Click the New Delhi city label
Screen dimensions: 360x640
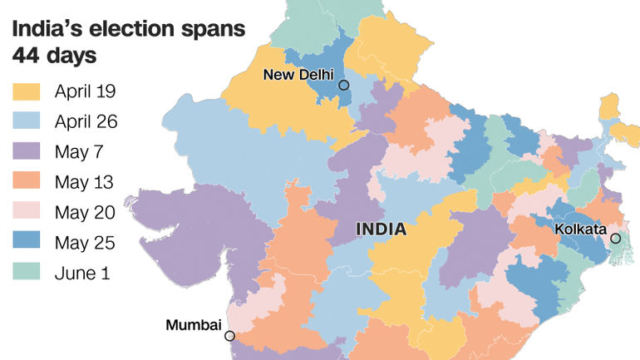(x=298, y=75)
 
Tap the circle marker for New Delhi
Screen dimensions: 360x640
(x=343, y=85)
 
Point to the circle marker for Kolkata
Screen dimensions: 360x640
(x=617, y=239)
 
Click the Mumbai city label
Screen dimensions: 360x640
(x=193, y=324)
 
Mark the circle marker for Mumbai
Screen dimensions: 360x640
(x=229, y=336)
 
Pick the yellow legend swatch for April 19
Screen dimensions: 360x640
(x=27, y=91)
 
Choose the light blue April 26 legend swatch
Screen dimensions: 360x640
(x=27, y=121)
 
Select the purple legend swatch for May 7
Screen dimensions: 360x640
(x=27, y=152)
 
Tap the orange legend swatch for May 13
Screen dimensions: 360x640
(x=27, y=182)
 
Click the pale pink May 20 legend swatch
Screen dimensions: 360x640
(x=27, y=212)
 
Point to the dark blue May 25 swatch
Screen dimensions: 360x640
(x=27, y=242)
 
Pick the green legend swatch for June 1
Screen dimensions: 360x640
(x=27, y=273)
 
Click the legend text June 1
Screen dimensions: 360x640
(x=81, y=273)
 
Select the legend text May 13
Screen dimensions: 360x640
(x=84, y=182)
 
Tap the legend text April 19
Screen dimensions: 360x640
(x=86, y=91)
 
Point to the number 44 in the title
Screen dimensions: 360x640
(x=27, y=57)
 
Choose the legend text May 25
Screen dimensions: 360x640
(x=85, y=242)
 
